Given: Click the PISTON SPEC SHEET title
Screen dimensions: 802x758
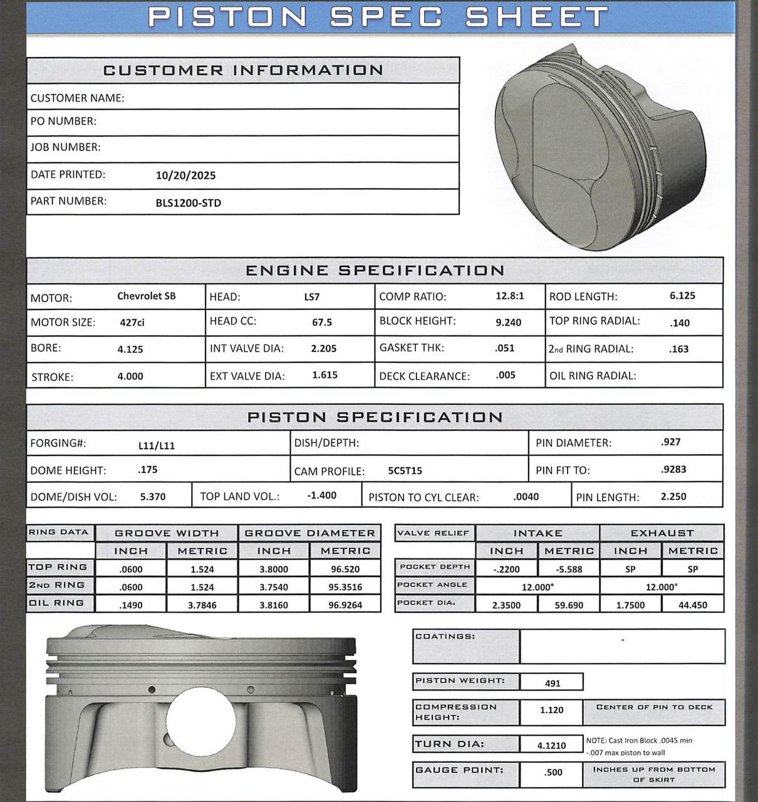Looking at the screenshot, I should point(378,17).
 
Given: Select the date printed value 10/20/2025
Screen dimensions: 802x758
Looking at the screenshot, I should point(185,175).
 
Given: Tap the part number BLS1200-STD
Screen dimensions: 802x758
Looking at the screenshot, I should point(188,203).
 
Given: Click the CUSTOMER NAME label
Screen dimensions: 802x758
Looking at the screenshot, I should point(77,98).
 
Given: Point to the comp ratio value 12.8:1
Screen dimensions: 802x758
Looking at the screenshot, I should point(509,296).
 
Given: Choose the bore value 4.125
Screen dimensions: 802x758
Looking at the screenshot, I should point(130,349).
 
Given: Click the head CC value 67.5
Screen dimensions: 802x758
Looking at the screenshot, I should point(322,322).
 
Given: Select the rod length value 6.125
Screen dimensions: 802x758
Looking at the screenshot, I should point(682,296).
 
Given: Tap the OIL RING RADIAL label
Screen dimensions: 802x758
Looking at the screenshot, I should point(592,376).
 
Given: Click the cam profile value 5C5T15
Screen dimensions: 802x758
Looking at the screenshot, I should point(405,471).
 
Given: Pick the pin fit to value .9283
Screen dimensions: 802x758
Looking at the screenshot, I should point(673,469).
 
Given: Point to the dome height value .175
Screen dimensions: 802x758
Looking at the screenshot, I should point(148,469).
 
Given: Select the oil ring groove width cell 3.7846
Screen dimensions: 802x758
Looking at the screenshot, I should point(202,605).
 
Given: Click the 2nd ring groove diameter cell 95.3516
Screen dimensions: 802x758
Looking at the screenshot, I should point(345,587).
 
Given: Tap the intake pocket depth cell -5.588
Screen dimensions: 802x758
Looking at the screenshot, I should point(568,570).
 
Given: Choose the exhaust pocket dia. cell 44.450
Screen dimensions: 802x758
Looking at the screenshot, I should point(692,605).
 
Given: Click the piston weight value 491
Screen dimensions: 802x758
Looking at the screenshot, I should point(552,683).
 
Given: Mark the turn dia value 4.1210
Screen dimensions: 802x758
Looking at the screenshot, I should point(551,745).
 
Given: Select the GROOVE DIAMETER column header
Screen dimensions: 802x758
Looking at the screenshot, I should point(309,533).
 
